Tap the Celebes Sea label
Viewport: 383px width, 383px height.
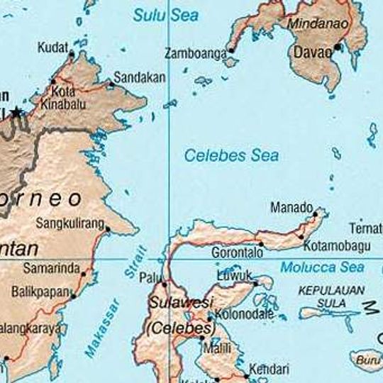tap(231, 155)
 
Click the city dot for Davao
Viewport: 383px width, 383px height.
tap(338, 48)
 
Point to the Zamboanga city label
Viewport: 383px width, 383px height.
tap(195, 53)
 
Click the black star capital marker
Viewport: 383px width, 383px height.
tap(16, 113)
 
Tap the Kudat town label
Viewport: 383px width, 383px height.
tap(52, 48)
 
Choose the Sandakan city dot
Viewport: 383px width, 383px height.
tap(111, 84)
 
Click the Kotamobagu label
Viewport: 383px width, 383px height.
tap(336, 245)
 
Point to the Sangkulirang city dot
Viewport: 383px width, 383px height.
tap(107, 228)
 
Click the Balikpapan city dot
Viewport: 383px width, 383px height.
tap(72, 296)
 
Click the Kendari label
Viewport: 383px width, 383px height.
tap(269, 369)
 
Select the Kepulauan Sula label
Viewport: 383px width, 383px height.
tap(331, 296)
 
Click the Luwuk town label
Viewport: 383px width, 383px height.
tap(233, 274)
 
